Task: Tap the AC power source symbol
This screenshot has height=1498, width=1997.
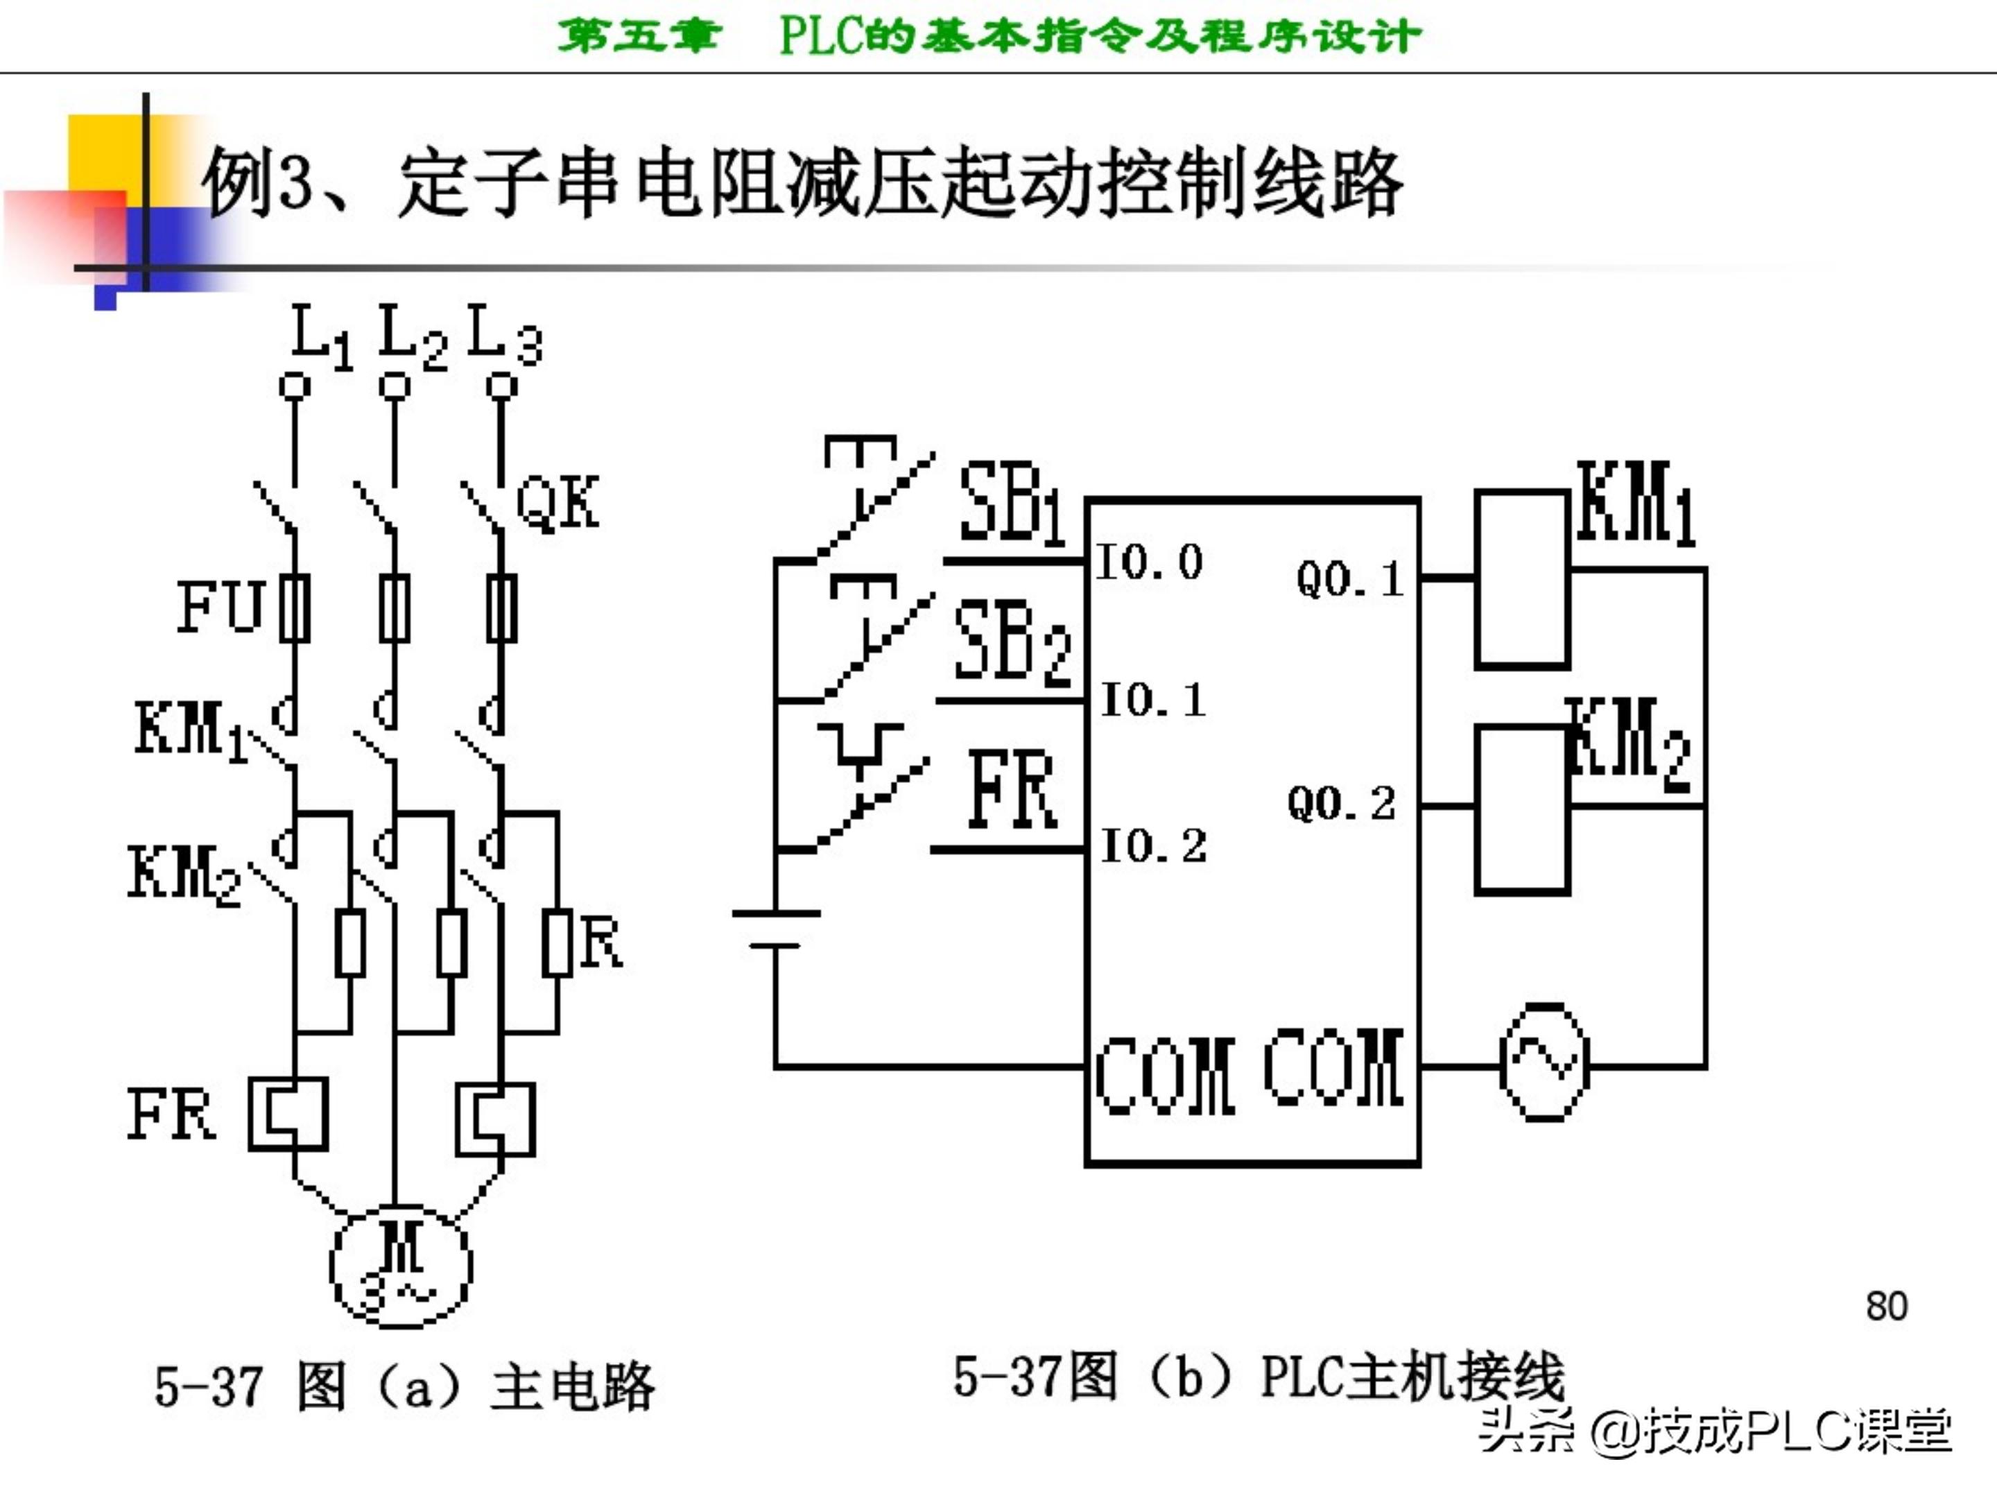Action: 1544,1062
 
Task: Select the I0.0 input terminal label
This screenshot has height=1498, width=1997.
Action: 1149,562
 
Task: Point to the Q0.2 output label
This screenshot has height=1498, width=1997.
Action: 1340,802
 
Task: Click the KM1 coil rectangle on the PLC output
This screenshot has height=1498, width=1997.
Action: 1521,579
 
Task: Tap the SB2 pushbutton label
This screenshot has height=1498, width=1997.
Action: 1011,642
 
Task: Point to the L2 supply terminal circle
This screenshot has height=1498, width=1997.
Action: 395,386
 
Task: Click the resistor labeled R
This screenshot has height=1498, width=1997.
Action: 557,944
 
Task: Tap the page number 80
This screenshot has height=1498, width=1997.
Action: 1886,1307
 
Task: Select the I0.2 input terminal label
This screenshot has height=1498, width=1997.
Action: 1153,846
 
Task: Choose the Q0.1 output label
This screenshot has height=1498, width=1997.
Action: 1349,579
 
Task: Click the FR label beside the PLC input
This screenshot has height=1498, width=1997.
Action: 1011,789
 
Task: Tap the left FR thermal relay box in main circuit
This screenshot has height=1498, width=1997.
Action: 288,1113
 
